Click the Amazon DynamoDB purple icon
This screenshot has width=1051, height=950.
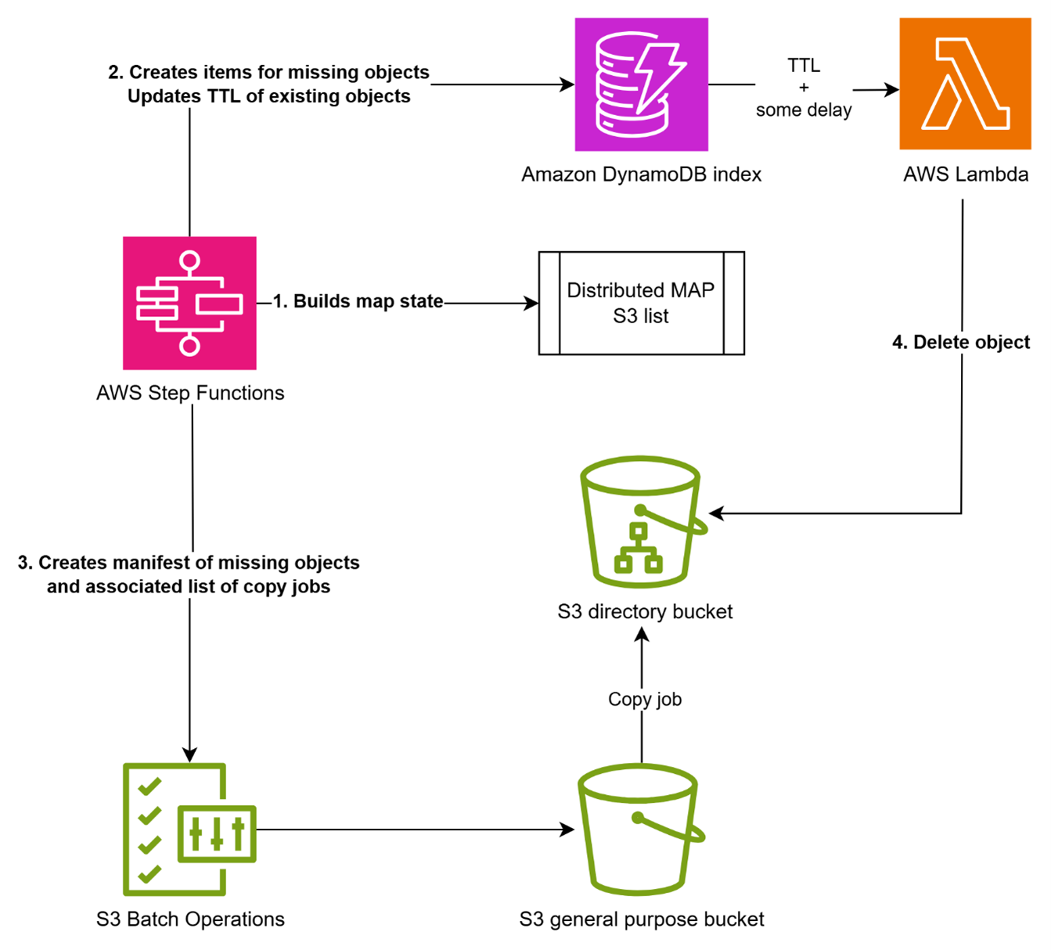pyautogui.click(x=641, y=85)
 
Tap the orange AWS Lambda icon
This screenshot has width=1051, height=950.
pyautogui.click(x=964, y=84)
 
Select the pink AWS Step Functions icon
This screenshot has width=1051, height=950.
pyautogui.click(x=189, y=303)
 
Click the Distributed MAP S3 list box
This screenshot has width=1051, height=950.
pyautogui.click(x=641, y=303)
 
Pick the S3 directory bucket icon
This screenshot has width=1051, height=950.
pyautogui.click(x=641, y=522)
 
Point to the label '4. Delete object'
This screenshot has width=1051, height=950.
pyautogui.click(x=961, y=342)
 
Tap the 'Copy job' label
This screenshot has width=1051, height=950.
pyautogui.click(x=644, y=699)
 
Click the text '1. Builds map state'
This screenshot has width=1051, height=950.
pyautogui.click(x=358, y=301)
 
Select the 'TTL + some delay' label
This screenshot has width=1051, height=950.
pyautogui.click(x=804, y=88)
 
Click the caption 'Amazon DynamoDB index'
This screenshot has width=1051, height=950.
pyautogui.click(x=641, y=174)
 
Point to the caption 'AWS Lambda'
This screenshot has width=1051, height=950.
pyautogui.click(x=965, y=174)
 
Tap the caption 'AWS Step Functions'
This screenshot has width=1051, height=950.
pyautogui.click(x=190, y=393)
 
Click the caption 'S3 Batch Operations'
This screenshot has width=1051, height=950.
pyautogui.click(x=190, y=919)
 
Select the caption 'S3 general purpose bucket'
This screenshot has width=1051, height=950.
pyautogui.click(x=641, y=919)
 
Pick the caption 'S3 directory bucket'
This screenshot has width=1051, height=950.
pyautogui.click(x=645, y=611)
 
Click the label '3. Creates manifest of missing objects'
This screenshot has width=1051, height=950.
pyautogui.click(x=189, y=563)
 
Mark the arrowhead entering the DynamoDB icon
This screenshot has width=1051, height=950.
pyautogui.click(x=567, y=85)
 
